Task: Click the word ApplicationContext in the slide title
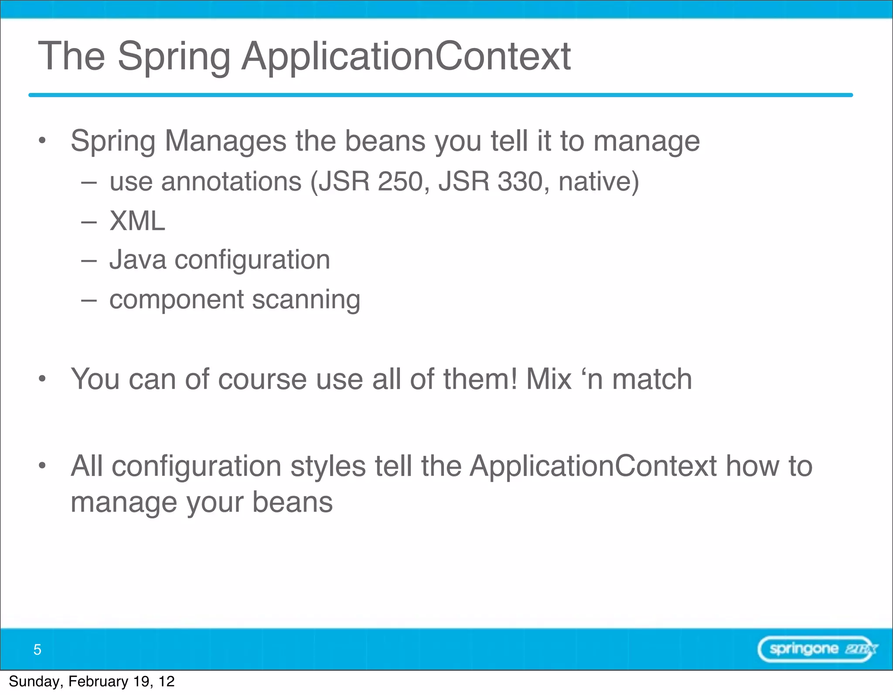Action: tap(406, 57)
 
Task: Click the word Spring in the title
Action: tap(174, 57)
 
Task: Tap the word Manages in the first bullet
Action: tap(225, 141)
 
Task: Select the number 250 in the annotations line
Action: tap(400, 181)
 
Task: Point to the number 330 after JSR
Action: tap(520, 181)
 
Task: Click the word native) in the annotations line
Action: tap(598, 181)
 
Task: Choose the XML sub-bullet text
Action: tap(137, 221)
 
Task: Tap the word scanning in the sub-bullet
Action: tap(306, 300)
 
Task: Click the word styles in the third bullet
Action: tap(328, 466)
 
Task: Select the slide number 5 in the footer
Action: tap(37, 650)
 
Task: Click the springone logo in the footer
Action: tap(817, 649)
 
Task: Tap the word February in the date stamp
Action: tap(98, 681)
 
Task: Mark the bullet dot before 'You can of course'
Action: tap(42, 379)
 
